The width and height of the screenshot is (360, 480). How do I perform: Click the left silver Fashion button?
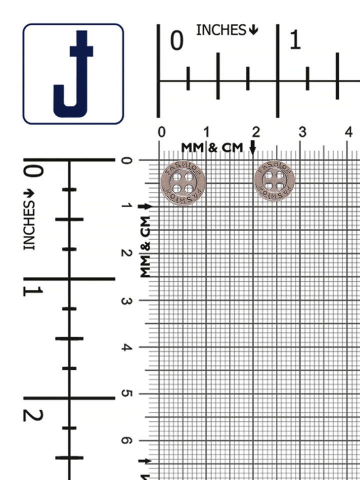183,183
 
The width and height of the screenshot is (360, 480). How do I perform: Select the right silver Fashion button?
274,180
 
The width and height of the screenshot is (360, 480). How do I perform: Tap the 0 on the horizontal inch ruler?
176,40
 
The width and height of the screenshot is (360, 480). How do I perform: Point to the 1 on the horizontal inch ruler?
295,40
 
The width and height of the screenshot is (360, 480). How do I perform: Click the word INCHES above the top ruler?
221,30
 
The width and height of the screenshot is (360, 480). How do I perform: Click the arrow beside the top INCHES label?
253,30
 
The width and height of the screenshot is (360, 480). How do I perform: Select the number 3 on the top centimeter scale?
302,132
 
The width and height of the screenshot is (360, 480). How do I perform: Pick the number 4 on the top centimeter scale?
348,132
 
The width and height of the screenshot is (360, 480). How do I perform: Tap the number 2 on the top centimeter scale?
256,132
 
